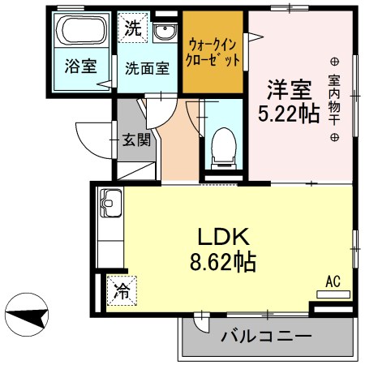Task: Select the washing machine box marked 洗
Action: [131, 26]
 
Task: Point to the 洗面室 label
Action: [147, 68]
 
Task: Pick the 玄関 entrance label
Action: [136, 139]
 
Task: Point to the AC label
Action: [332, 281]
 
